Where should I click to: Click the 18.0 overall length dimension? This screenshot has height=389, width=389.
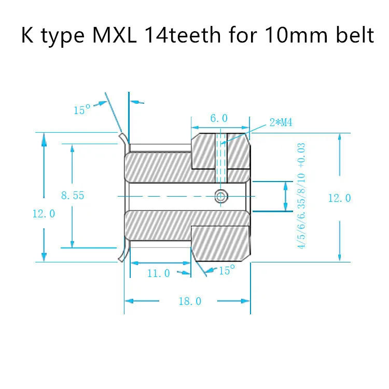click(x=189, y=301)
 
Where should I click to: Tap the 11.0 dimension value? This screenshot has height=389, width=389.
click(x=159, y=273)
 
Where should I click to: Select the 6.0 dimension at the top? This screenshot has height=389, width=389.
click(x=219, y=118)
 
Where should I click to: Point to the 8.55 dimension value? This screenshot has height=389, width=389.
click(x=72, y=196)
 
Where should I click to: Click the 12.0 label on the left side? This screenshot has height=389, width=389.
click(x=44, y=213)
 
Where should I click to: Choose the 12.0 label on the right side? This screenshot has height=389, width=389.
click(x=340, y=198)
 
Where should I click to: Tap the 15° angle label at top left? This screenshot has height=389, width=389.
click(x=82, y=110)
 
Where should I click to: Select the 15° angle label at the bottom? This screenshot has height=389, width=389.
click(x=227, y=270)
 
